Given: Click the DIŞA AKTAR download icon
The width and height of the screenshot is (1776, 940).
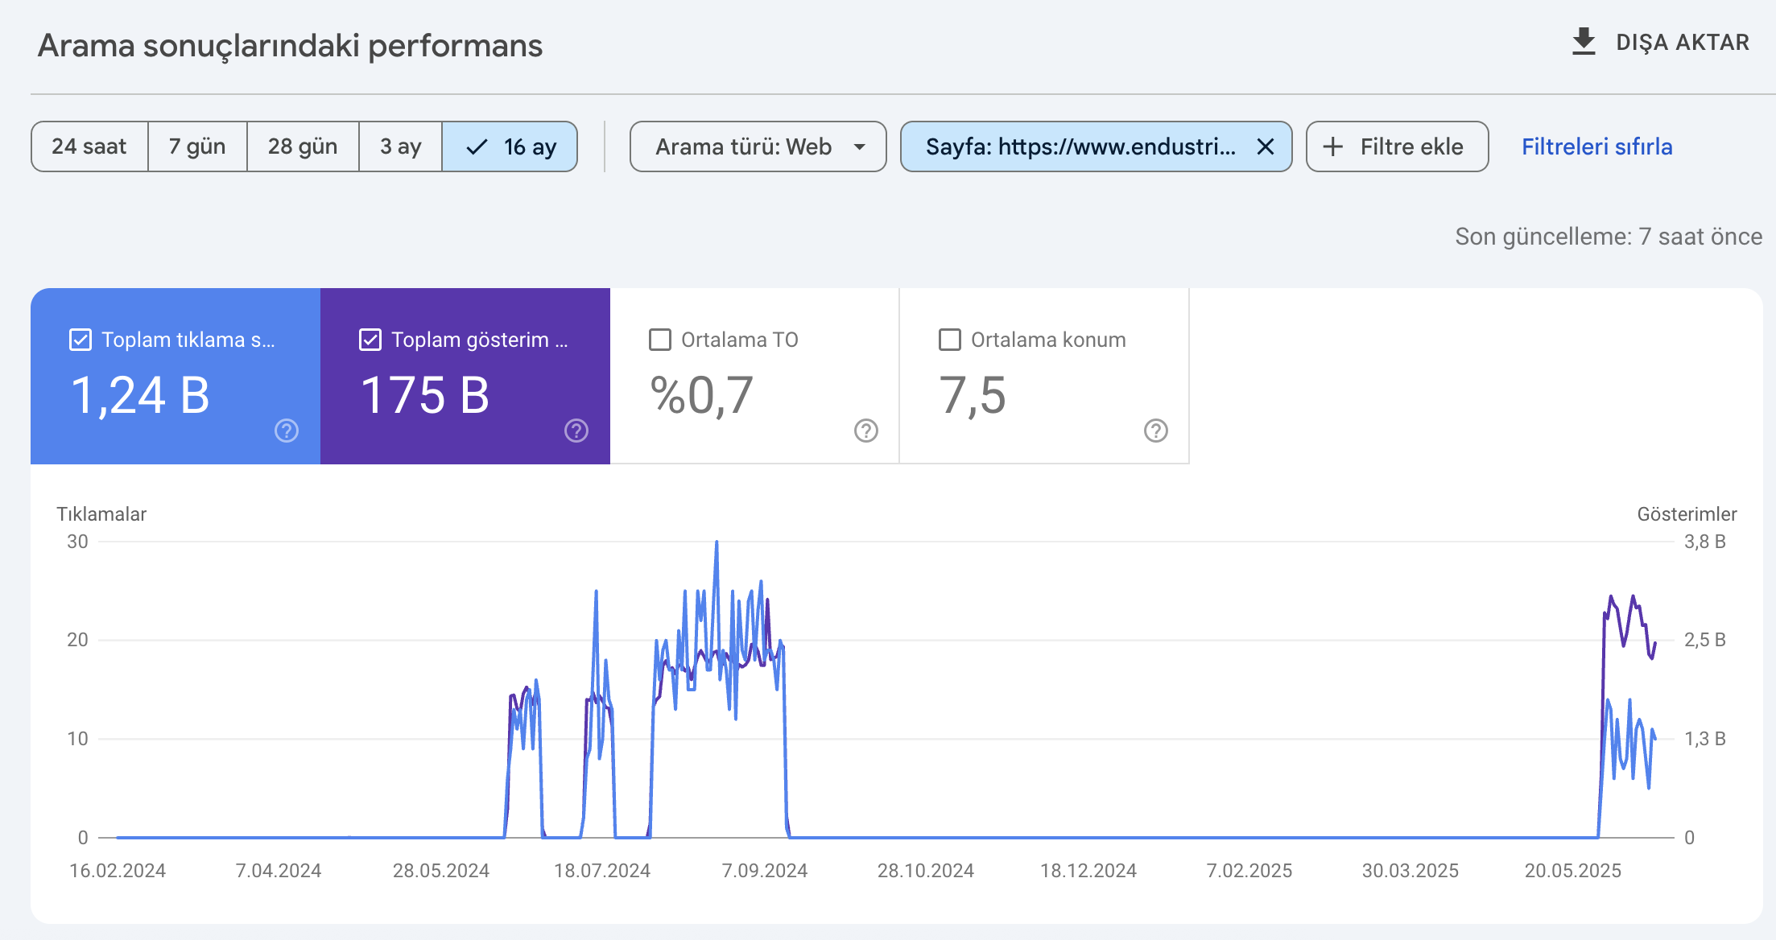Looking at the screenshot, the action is pyautogui.click(x=1584, y=42).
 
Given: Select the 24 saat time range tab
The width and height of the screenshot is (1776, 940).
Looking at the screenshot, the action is pyautogui.click(x=89, y=146).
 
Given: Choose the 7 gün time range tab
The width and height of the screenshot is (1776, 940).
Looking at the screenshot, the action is pyautogui.click(x=197, y=146).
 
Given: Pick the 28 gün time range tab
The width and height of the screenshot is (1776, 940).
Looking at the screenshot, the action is pyautogui.click(x=303, y=146).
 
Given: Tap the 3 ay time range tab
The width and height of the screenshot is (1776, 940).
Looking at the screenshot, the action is pyautogui.click(x=401, y=146).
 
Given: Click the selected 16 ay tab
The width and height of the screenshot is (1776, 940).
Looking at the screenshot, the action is pyautogui.click(x=510, y=146).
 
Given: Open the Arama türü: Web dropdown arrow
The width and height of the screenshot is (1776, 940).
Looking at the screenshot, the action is pyautogui.click(x=860, y=147).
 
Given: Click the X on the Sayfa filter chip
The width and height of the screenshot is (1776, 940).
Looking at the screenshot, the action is pyautogui.click(x=1266, y=146).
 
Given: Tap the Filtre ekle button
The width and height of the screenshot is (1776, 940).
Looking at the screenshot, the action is pyautogui.click(x=1397, y=146).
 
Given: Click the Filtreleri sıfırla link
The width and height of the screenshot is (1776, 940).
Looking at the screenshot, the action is pyautogui.click(x=1597, y=146).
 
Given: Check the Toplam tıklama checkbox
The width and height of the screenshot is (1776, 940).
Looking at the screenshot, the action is pyautogui.click(x=81, y=340).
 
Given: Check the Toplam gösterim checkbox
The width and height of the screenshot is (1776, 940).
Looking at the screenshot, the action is pyautogui.click(x=370, y=340).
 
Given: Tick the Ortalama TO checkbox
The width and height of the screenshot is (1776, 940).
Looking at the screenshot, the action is pyautogui.click(x=660, y=340).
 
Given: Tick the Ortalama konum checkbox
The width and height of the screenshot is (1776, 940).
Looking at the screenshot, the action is pyautogui.click(x=950, y=340).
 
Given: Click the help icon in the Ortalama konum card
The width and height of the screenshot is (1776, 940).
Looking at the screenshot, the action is pyautogui.click(x=1156, y=431).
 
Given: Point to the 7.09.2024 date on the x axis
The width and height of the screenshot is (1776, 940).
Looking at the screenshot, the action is pyautogui.click(x=765, y=871).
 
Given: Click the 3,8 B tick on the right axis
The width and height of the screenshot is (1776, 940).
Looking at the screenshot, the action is pyautogui.click(x=1705, y=542).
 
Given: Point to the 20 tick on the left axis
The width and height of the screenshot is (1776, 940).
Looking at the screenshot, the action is pyautogui.click(x=77, y=640).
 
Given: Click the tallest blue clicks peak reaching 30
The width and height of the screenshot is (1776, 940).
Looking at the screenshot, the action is pyautogui.click(x=717, y=542).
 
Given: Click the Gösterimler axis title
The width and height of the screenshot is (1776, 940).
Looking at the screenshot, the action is pyautogui.click(x=1687, y=514).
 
